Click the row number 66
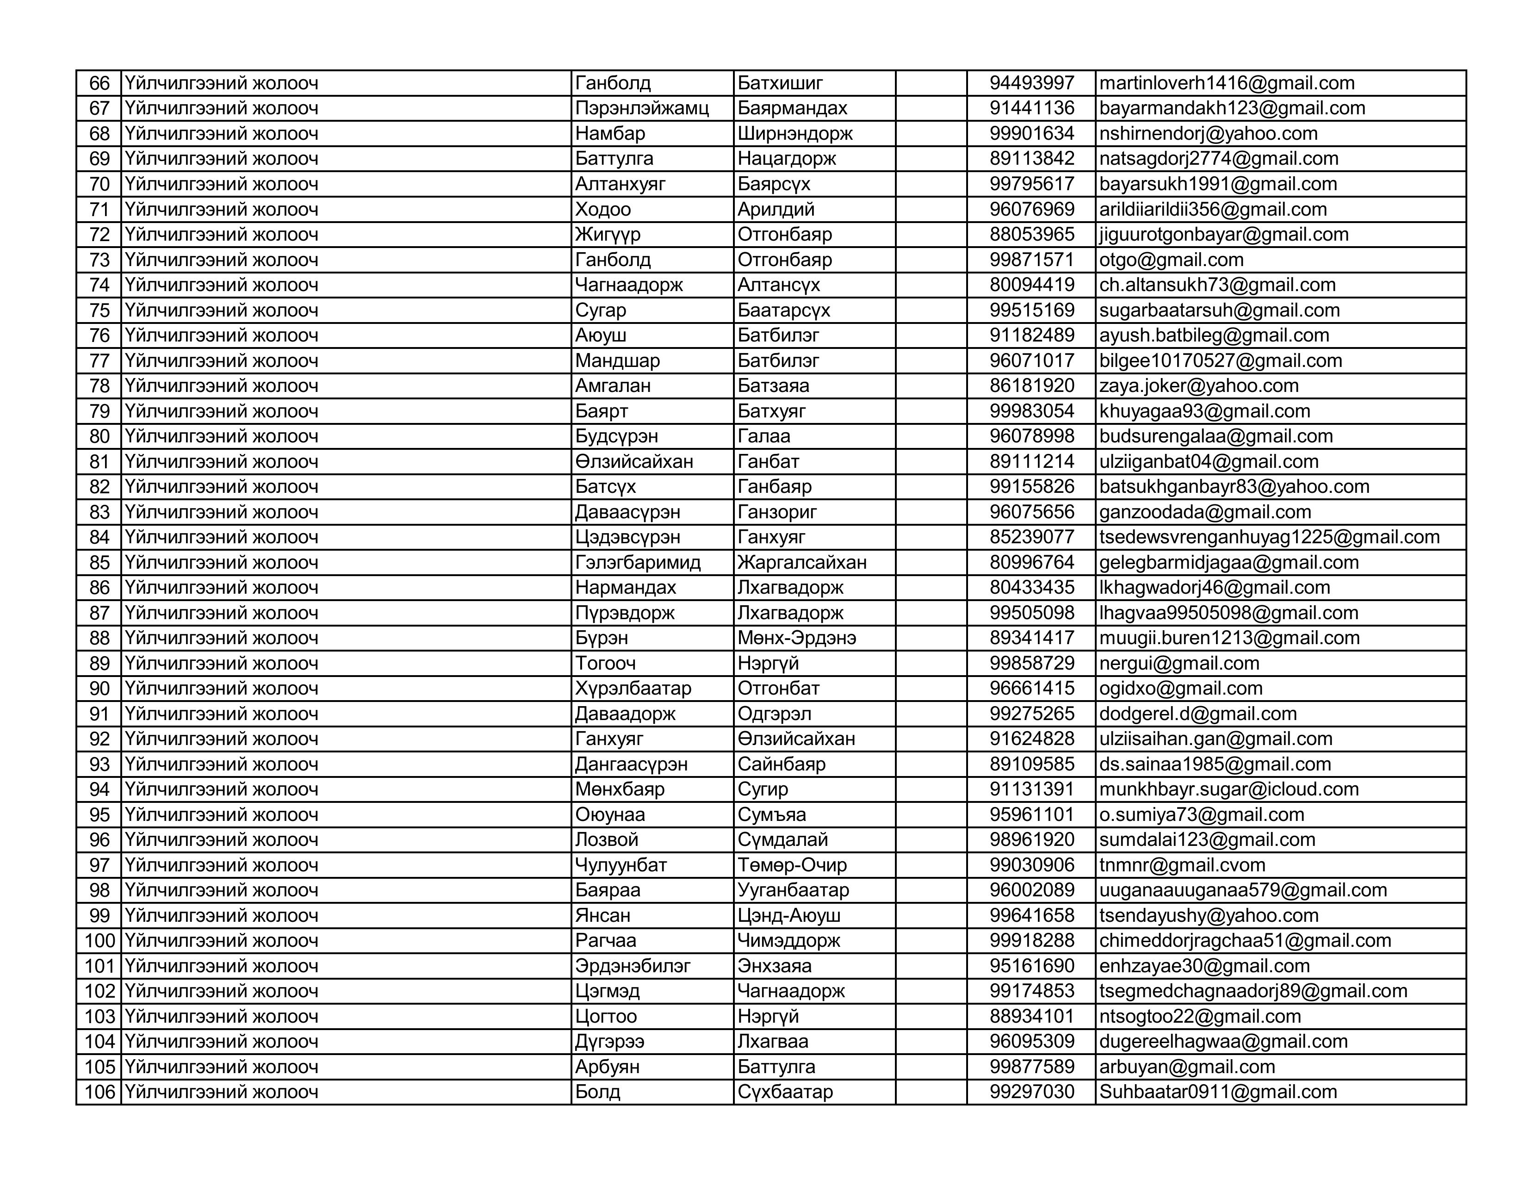(99, 83)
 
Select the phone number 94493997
(1031, 83)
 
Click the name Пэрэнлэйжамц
(642, 108)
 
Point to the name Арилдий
(776, 209)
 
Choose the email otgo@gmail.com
(1171, 260)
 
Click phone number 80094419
(1031, 285)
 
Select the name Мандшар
(617, 361)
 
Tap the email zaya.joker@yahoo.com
(1198, 386)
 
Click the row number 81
(99, 461)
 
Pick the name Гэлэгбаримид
(638, 563)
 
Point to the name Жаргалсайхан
(802, 563)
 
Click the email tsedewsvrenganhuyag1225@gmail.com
(1269, 537)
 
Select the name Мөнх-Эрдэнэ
(796, 638)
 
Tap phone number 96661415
(1031, 689)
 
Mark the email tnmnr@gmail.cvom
(1182, 865)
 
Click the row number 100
(99, 941)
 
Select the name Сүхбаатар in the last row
(785, 1092)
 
